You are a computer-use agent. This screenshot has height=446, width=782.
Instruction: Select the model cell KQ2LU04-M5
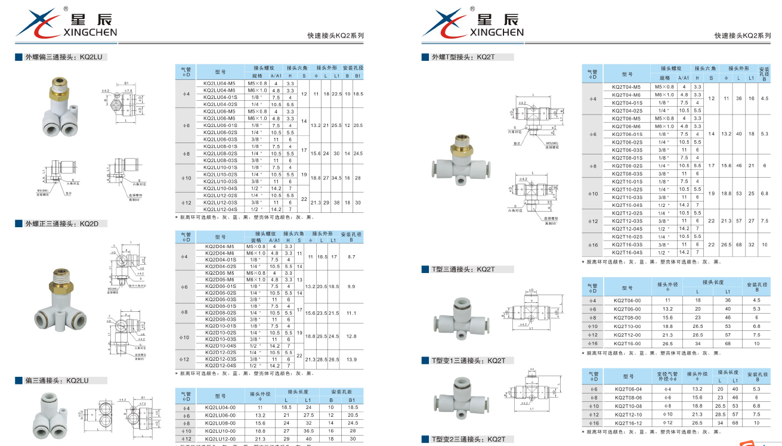coord(220,83)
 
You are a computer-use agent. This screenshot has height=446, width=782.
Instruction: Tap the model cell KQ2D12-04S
coord(221,366)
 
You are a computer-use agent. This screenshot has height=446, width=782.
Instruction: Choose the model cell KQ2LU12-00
coord(220,439)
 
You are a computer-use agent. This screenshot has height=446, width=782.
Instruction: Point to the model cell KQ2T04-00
coord(627,301)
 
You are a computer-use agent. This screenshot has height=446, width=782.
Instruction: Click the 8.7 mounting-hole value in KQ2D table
coord(351,256)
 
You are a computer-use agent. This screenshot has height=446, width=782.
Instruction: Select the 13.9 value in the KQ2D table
coord(351,359)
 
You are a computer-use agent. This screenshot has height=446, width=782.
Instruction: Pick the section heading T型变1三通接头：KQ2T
coord(468,361)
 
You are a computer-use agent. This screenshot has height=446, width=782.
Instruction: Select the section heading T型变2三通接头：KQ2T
coord(468,439)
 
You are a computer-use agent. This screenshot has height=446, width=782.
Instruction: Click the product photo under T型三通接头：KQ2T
coord(462,315)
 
